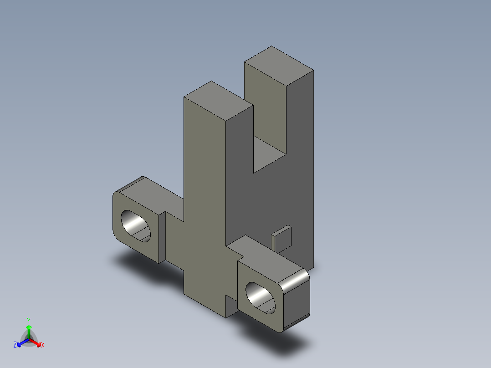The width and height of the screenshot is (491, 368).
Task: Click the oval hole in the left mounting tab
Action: [135, 226]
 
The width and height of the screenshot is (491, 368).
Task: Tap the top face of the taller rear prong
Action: [279, 66]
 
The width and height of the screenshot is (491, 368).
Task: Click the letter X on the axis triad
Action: [42, 345]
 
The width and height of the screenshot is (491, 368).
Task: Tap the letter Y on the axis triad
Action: [28, 320]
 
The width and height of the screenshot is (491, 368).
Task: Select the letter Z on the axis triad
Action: [15, 345]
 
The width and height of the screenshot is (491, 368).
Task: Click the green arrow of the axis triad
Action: [29, 329]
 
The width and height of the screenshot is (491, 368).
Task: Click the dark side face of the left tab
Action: [162, 237]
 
